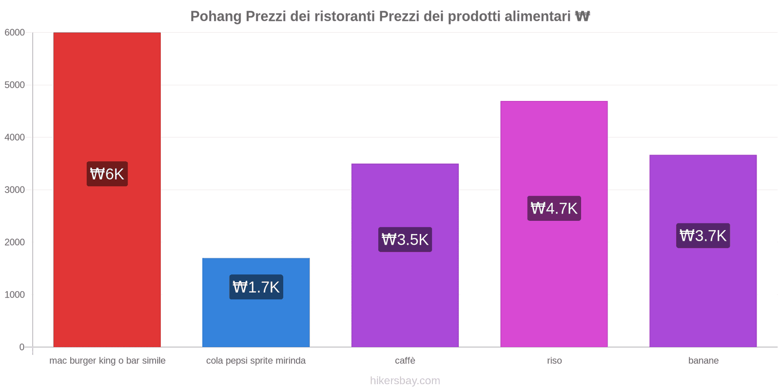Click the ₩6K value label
click(x=107, y=174)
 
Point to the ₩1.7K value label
click(x=256, y=287)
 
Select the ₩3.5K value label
click(x=405, y=240)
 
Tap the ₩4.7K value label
click(x=554, y=209)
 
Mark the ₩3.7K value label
click(x=703, y=236)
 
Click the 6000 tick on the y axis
click(x=15, y=33)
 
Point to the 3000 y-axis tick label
click(x=15, y=190)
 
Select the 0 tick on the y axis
click(x=21, y=347)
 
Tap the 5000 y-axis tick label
click(x=15, y=85)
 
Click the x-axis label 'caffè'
click(x=405, y=361)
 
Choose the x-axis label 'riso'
click(x=554, y=361)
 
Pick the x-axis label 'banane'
click(x=703, y=361)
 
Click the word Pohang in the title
click(x=215, y=17)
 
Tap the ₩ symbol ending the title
click(x=583, y=17)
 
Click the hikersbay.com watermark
click(x=405, y=381)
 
